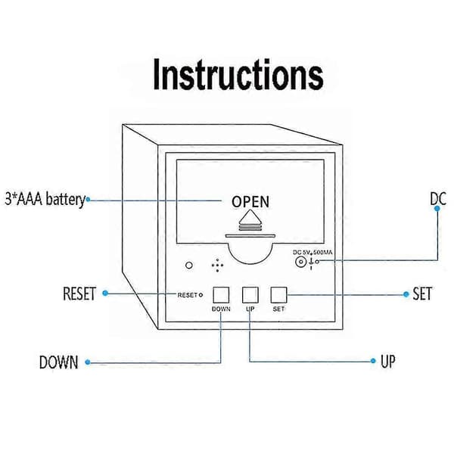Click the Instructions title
click(238, 74)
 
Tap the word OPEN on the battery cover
click(250, 202)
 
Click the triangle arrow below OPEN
click(250, 217)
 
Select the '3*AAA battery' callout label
click(45, 200)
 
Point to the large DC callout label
click(438, 198)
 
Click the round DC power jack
click(300, 263)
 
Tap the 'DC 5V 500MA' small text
click(313, 253)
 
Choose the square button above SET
click(278, 295)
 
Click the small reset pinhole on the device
click(201, 295)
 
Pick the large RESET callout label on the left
click(79, 294)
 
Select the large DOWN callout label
click(59, 362)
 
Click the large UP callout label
click(387, 361)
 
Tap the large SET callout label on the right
click(422, 294)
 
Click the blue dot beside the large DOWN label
click(88, 362)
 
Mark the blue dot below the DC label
click(437, 209)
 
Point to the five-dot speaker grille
click(217, 266)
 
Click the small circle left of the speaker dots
click(189, 266)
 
